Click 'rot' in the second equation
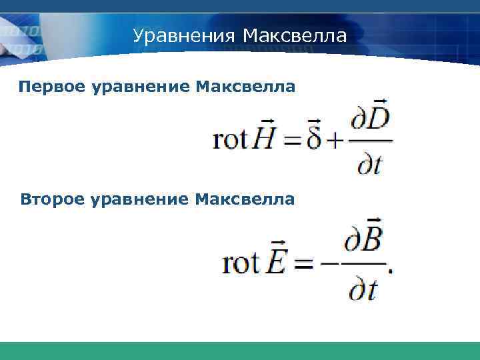pyautogui.click(x=240, y=263)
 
